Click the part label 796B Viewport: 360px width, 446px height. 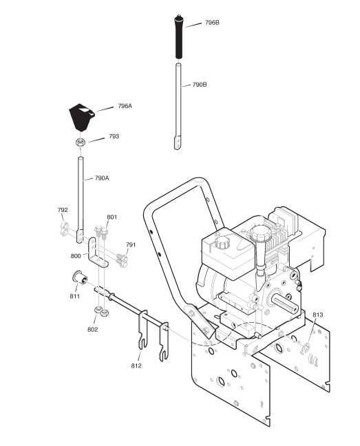pos(212,23)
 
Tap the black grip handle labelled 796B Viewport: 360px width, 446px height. pos(178,36)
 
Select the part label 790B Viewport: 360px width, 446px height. pos(200,85)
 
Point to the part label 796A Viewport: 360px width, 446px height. pos(125,106)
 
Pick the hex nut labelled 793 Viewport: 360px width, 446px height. pos(81,142)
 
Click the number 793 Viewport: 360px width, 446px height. pos(114,136)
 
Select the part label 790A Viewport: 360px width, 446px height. pos(102,178)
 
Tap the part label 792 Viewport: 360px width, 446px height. pos(63,210)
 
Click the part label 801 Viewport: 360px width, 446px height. pos(112,217)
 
